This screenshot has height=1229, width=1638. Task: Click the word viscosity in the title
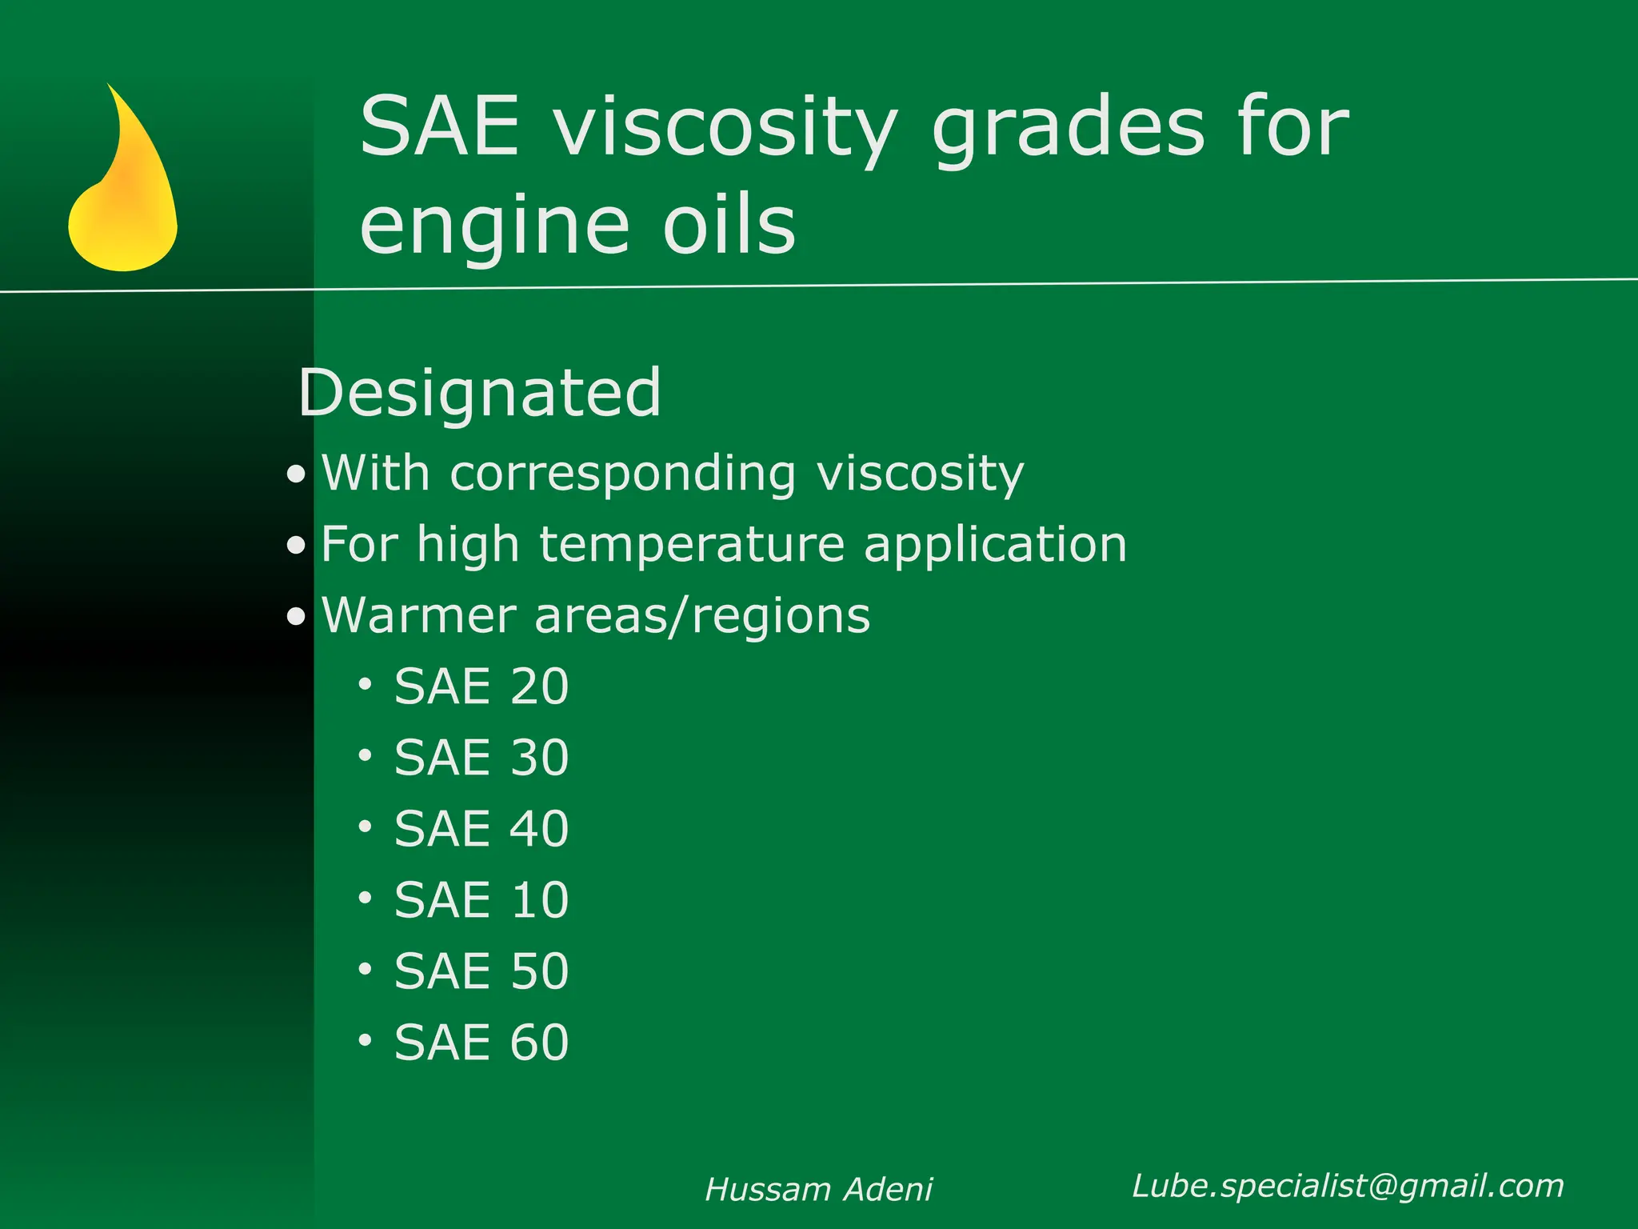[725, 128]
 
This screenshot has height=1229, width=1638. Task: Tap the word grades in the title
[1069, 128]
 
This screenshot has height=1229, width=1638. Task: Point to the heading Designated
[480, 393]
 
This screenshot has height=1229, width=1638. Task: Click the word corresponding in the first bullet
[623, 474]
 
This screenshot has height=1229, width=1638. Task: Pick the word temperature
[692, 545]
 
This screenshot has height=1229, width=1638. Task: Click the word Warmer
[419, 615]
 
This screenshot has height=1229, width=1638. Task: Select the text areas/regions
[701, 617]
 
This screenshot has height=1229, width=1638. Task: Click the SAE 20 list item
[481, 687]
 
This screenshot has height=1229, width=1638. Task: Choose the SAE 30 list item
[481, 758]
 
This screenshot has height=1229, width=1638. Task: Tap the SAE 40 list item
[481, 829]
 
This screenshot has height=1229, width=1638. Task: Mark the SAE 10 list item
[481, 900]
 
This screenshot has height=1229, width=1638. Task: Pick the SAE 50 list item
[481, 971]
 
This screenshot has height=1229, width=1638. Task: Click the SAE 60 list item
[481, 1043]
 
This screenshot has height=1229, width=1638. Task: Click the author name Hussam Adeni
[818, 1190]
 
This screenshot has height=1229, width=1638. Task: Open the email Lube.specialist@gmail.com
[1348, 1186]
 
